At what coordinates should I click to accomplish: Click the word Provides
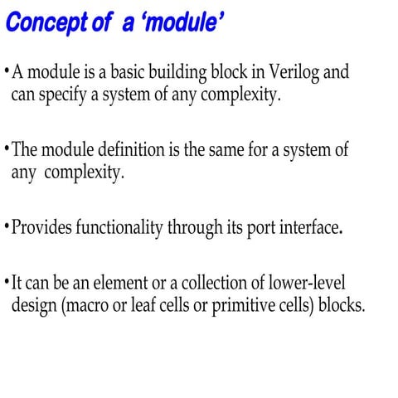pyautogui.click(x=41, y=227)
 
